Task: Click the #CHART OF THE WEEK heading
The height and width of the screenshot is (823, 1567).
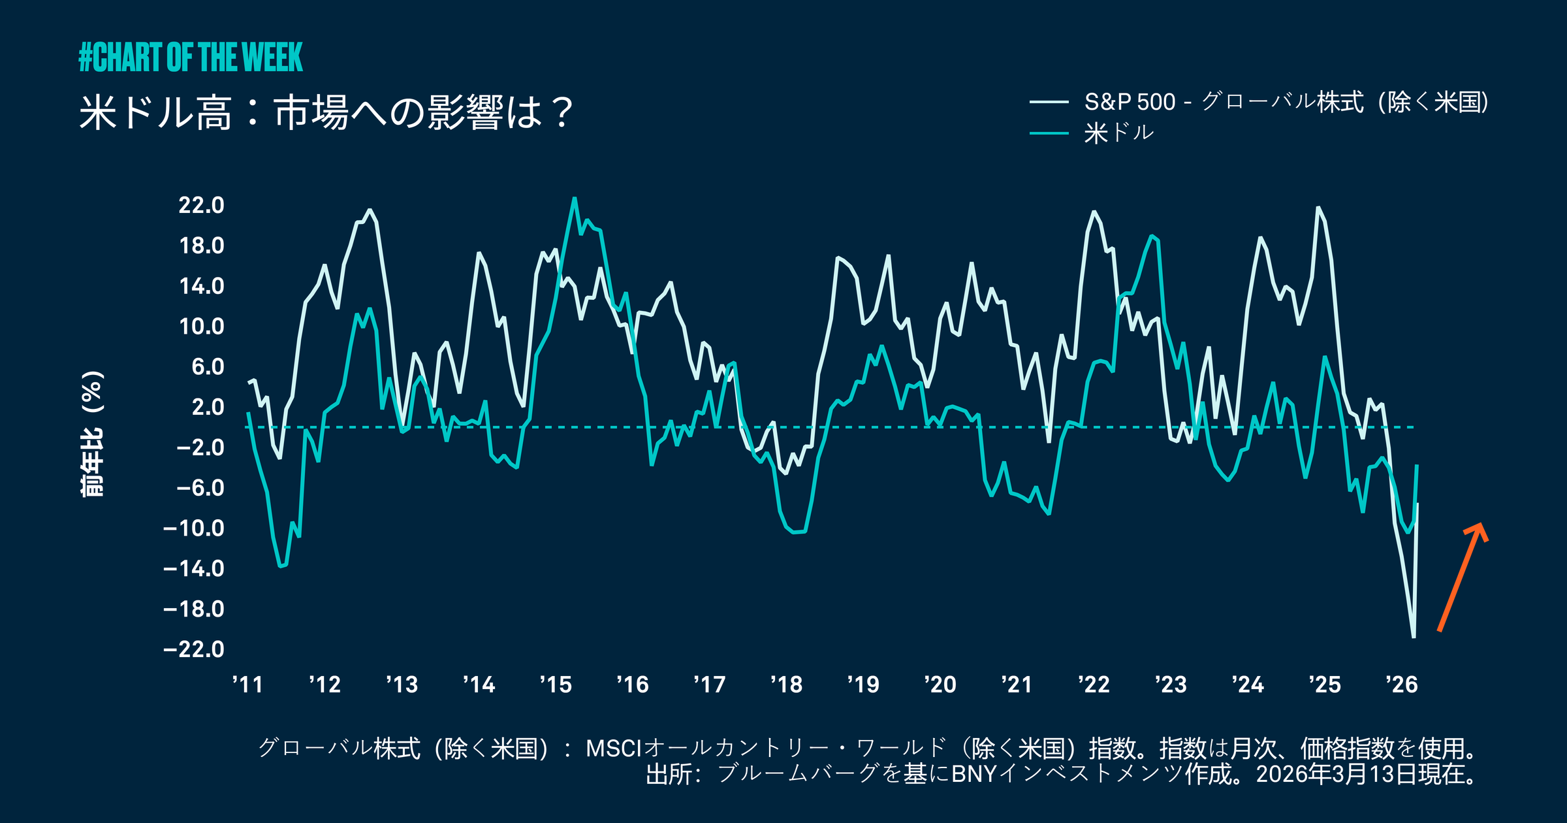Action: tap(190, 57)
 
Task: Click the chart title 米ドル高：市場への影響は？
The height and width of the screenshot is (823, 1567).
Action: tap(326, 112)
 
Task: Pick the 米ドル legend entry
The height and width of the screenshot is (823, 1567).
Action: tap(1118, 133)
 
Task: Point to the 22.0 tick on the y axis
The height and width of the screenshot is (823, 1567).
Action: tap(201, 205)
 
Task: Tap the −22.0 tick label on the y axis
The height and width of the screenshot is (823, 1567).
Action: tap(194, 649)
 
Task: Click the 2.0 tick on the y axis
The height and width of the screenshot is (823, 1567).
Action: tap(208, 407)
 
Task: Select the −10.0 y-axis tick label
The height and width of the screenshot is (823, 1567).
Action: tap(194, 528)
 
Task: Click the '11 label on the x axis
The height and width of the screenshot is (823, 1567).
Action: tap(247, 685)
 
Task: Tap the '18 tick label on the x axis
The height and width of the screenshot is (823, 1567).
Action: tap(786, 685)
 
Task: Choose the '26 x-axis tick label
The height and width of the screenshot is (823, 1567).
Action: tap(1401, 685)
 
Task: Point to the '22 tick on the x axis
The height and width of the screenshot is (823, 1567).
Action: tap(1094, 685)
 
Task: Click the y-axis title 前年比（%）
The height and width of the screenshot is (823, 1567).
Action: tap(92, 434)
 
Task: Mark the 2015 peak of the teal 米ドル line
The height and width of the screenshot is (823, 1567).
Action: tap(575, 199)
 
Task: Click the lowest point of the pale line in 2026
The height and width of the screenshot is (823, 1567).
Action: tap(1414, 637)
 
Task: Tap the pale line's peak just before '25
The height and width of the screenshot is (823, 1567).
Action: tap(1318, 208)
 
